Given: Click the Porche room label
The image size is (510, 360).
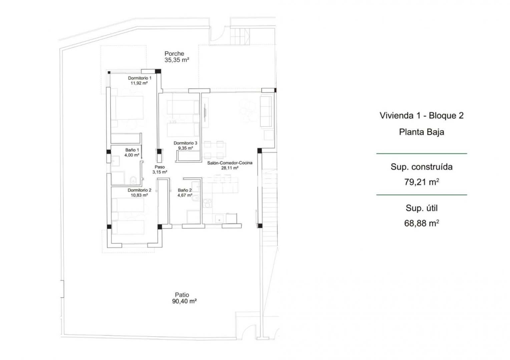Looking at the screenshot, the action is coord(174,54).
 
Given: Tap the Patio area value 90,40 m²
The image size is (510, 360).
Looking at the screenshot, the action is coord(184,301).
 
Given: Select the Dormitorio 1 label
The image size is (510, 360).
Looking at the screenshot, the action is coord(139,78).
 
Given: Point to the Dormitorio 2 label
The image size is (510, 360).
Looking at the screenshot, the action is coord(139,190).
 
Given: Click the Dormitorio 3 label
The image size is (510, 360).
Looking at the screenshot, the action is coord(185,143).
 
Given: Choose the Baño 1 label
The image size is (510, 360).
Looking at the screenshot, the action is coord(132,150).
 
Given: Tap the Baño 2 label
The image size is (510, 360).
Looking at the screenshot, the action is coord(185,190).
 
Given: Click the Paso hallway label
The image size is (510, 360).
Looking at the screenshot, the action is coord(159,167).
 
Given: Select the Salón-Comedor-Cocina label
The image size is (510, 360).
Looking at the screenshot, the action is coord(230,163).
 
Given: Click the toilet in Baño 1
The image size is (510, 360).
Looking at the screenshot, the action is coord(133,181).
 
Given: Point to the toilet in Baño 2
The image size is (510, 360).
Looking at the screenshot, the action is coord(195,198).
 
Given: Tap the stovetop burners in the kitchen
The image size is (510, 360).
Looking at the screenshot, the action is coord(207,203).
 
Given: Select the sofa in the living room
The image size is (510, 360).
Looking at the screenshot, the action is coord(266,111).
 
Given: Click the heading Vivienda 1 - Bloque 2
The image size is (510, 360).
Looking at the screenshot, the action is coord(422,116).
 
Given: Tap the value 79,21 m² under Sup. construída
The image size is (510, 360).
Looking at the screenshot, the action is coord(422,182).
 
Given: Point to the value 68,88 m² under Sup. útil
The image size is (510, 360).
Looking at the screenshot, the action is coord(422,223).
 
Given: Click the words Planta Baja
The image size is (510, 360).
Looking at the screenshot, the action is coord(422,132).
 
